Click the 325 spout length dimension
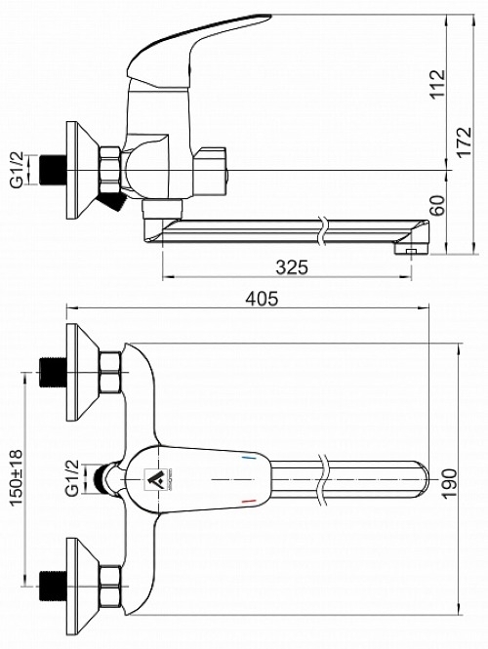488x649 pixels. pos(292,267)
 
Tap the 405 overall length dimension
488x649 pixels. pos(262,298)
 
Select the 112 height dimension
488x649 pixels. pos(437,83)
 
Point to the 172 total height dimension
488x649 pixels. pos(464,142)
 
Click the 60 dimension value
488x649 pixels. pos(437,205)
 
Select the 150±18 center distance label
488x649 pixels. pos(17,477)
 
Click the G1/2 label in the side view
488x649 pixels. pos(17,171)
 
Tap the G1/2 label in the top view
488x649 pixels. pos(72,477)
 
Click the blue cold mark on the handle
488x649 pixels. pos(248,458)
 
